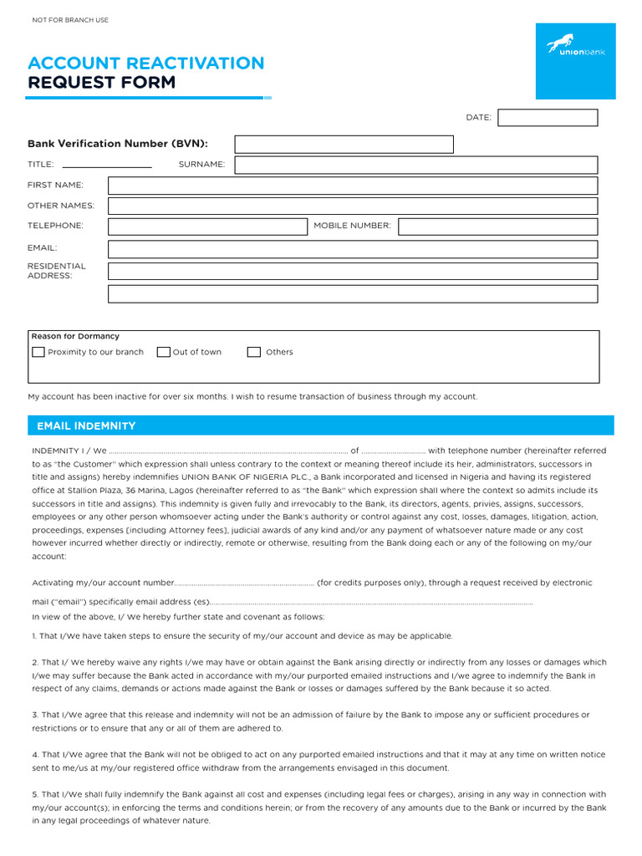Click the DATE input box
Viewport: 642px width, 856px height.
pos(548,118)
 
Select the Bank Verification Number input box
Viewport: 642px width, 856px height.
pos(344,145)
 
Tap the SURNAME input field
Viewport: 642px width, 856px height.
pos(415,165)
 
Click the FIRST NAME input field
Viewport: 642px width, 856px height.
pos(353,186)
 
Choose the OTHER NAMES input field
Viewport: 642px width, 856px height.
pos(353,206)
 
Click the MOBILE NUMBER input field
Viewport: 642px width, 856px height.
pos(497,227)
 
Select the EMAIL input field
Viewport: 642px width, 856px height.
pos(353,249)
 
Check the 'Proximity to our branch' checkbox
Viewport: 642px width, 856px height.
pos(38,352)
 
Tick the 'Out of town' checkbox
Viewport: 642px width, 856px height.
pos(164,352)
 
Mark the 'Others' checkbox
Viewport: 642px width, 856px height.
pos(254,352)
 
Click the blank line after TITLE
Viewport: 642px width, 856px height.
pos(107,166)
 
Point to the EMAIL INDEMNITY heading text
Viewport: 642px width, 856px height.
pos(86,426)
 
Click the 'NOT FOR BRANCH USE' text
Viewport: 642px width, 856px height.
pos(70,20)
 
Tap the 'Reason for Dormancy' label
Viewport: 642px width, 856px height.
pos(75,336)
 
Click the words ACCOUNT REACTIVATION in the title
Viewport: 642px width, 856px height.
pos(145,64)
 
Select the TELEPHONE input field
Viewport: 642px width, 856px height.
pos(208,227)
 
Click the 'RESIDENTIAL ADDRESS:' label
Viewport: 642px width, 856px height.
pos(56,271)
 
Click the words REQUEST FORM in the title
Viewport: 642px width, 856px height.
pos(102,83)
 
